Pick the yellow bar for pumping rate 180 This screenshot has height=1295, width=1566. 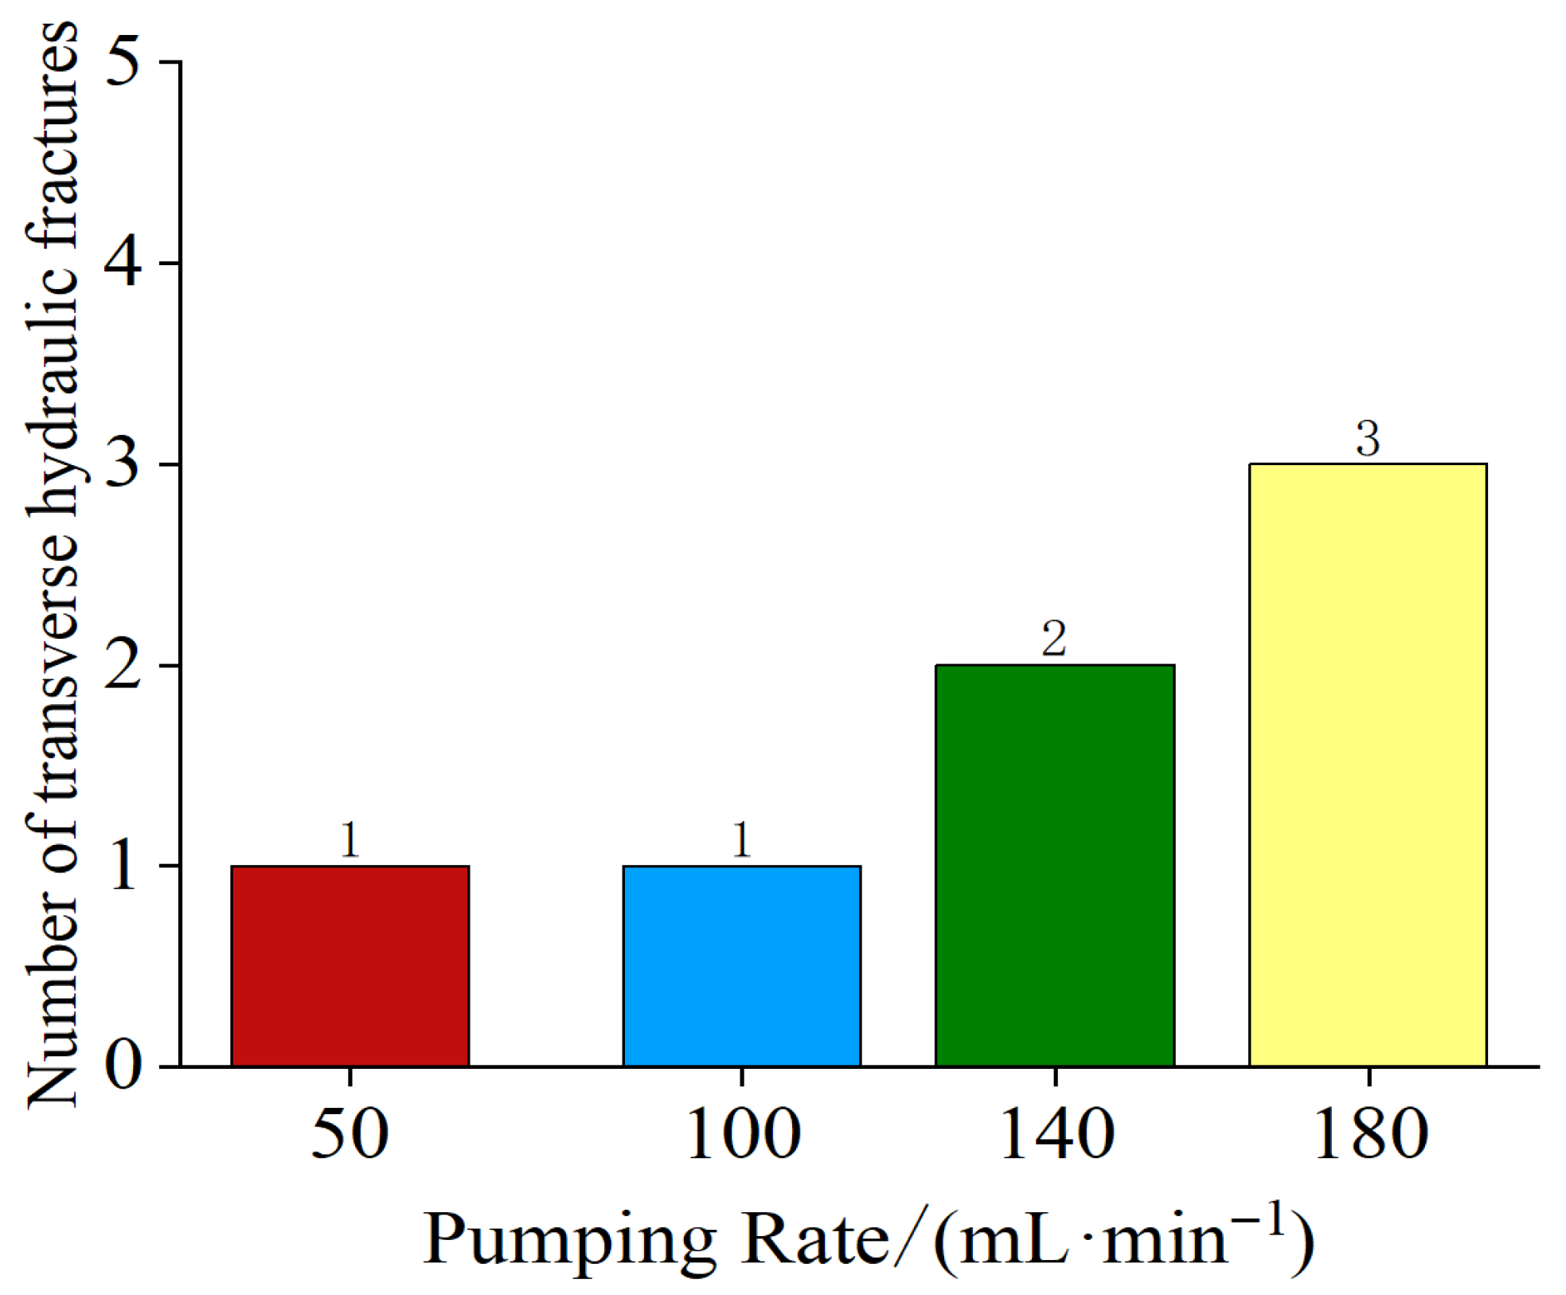coord(1367,765)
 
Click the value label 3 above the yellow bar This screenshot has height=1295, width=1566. coord(1367,439)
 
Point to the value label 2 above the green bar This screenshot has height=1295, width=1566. coord(1054,640)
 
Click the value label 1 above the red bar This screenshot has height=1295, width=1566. coord(350,840)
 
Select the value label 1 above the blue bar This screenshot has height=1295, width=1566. coord(741,840)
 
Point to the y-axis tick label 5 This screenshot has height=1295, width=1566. coord(123,62)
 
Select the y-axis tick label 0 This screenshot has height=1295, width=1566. coord(123,1066)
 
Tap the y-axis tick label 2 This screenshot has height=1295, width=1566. coord(123,665)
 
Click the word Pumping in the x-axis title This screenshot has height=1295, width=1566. coord(568,1242)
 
